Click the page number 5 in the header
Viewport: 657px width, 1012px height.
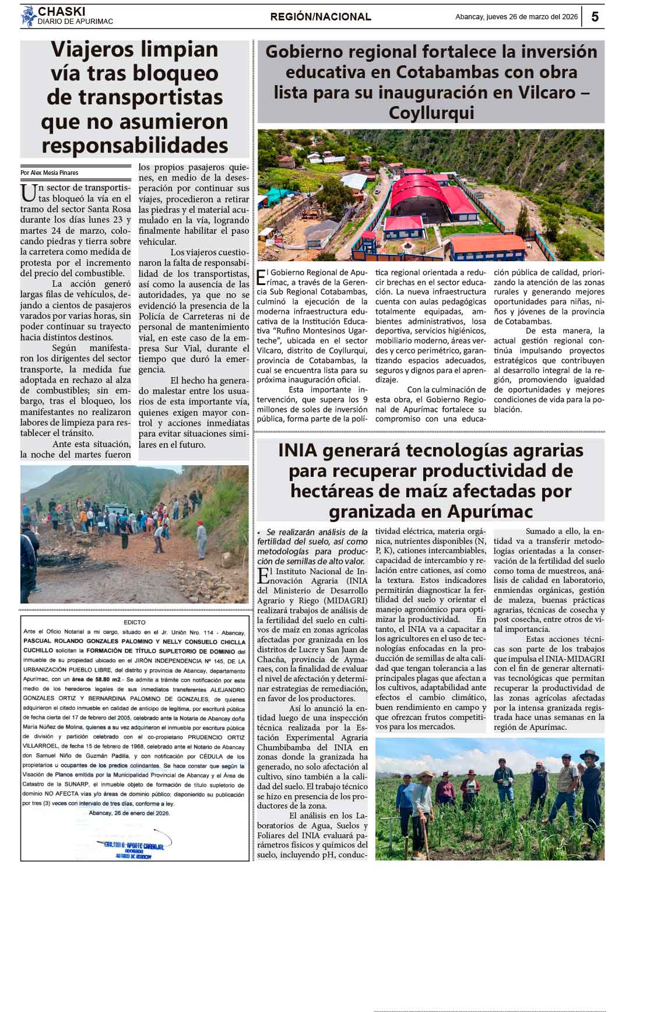595,17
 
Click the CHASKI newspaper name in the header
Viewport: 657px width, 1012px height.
61,12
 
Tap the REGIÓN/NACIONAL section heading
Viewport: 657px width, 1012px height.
321,17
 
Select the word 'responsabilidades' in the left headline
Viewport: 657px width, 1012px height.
135,145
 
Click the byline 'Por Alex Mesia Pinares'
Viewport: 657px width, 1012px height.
49,173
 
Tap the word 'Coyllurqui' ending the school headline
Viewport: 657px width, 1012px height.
431,113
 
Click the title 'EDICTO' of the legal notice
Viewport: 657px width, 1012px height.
135,623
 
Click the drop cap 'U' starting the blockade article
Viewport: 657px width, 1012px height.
28,192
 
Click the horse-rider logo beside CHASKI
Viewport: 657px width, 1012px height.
28,16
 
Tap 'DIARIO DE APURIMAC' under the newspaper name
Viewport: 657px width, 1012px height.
75,22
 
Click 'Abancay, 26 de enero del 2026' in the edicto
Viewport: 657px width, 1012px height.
129,813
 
